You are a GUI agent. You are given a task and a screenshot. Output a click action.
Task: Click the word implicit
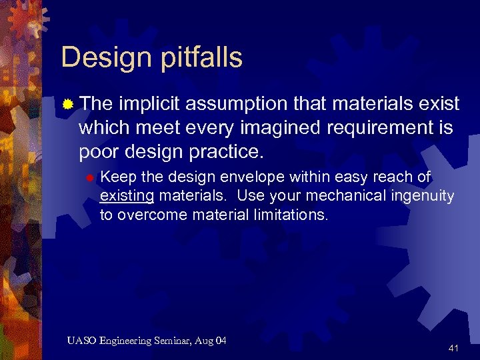tap(150, 104)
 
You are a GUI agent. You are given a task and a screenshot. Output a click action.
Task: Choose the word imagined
tap(261, 128)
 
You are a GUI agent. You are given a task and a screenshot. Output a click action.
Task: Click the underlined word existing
tap(127, 196)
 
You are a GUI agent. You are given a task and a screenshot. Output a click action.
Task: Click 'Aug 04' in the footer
tap(213, 341)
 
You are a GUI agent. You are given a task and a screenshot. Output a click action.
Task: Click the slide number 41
tap(453, 348)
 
